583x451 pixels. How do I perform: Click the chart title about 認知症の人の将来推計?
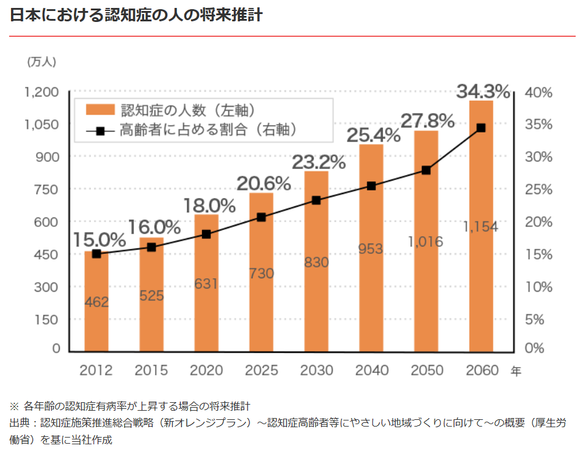136,15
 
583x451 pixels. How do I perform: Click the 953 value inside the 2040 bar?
371,248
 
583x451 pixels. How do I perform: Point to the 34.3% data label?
483,92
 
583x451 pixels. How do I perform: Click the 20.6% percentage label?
264,183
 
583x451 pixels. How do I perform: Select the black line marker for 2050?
426,170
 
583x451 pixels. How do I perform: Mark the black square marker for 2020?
206,234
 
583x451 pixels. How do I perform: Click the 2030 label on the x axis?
317,370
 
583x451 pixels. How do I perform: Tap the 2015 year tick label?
152,370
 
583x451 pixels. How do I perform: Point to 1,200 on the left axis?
42,92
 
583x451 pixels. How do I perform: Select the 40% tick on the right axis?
538,93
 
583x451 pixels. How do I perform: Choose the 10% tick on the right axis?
538,287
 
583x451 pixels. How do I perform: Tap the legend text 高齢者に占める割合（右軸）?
208,129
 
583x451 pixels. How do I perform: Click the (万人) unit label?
42,62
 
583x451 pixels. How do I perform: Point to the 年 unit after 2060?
516,371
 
